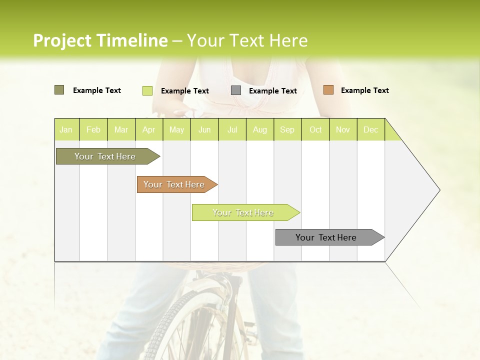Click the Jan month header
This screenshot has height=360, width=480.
point(66,129)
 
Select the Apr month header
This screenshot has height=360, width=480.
point(148,129)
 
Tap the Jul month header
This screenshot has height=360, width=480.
point(232,129)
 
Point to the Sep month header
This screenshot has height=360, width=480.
point(287,129)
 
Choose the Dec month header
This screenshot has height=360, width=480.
point(370,129)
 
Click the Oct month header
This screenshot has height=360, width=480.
point(315,129)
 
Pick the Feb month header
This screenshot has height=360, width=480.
point(93,129)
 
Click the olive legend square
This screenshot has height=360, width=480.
point(59,90)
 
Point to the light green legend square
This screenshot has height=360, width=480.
point(147,90)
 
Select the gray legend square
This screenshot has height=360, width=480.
point(236,90)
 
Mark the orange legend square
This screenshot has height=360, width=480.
point(328,90)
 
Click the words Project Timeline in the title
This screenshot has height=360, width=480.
point(100,40)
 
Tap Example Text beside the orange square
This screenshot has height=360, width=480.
point(364,90)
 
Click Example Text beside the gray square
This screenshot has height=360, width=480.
point(272,91)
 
